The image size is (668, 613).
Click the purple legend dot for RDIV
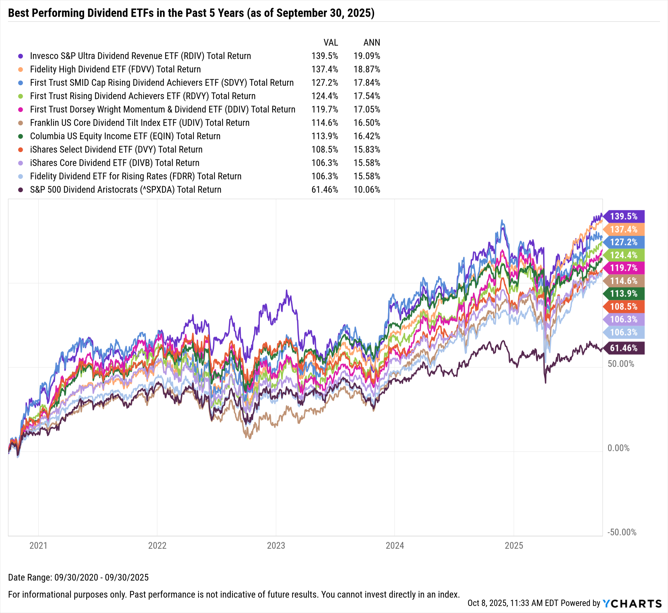(x=21, y=56)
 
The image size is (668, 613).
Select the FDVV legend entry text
(x=115, y=70)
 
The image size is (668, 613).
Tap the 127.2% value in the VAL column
(x=325, y=83)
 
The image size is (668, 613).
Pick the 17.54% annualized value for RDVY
(x=367, y=96)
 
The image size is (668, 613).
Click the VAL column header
(x=331, y=43)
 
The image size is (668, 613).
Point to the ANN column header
(x=372, y=43)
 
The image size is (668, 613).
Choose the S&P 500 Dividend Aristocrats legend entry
(x=126, y=190)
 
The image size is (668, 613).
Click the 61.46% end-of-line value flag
(x=624, y=348)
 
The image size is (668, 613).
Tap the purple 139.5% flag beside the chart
(x=624, y=217)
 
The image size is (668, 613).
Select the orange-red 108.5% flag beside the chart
(x=624, y=307)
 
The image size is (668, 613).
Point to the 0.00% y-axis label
(x=618, y=448)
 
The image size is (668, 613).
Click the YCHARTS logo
(x=632, y=604)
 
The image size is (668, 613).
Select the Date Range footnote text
(x=78, y=578)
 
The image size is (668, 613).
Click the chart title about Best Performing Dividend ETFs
(x=191, y=13)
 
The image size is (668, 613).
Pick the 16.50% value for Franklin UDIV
(x=367, y=123)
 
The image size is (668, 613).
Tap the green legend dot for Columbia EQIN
(x=21, y=136)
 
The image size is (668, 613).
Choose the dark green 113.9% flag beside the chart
(x=624, y=294)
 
